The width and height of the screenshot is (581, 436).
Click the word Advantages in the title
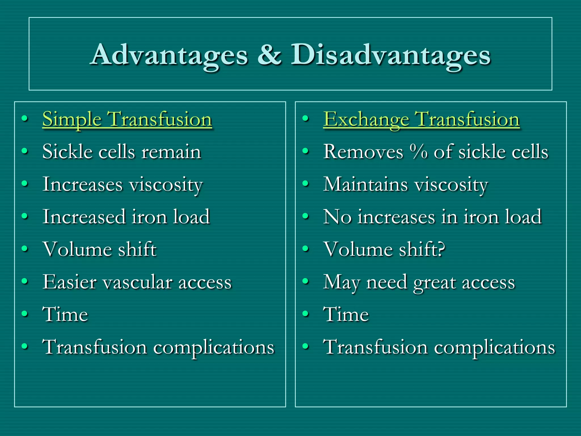[169, 55]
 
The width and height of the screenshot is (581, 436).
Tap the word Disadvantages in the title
[390, 55]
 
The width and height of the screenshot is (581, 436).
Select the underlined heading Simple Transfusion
[127, 119]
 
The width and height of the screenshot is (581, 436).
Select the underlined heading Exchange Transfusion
[421, 119]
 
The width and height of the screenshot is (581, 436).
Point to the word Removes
[363, 152]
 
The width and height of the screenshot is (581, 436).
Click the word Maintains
[365, 184]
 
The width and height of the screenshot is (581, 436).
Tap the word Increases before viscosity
[82, 184]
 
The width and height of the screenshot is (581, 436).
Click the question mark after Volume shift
[441, 249]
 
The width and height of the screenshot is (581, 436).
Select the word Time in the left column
[65, 314]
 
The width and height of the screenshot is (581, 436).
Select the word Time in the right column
[346, 314]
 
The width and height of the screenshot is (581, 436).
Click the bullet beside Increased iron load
[25, 217]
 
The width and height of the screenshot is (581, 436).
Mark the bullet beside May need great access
[305, 281]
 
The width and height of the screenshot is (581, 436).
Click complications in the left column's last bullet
[214, 347]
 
